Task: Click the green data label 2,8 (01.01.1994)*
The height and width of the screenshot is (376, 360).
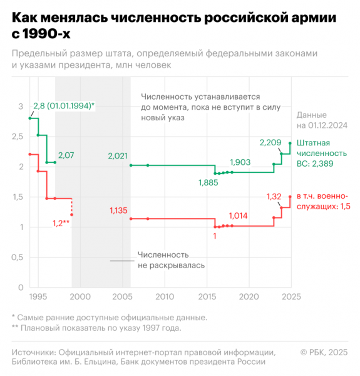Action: click(64, 105)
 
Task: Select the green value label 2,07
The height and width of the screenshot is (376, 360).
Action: click(66, 154)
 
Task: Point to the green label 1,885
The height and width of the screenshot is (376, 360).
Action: click(209, 182)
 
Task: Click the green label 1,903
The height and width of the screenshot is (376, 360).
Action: click(240, 162)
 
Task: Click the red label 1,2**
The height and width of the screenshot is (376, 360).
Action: click(61, 223)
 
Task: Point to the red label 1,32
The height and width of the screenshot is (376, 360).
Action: click(274, 197)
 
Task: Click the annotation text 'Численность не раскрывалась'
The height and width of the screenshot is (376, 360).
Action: click(163, 260)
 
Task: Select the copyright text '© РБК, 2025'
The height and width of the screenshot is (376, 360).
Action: click(323, 352)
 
